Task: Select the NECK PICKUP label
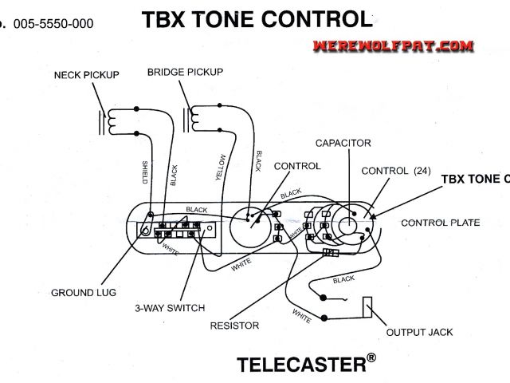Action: point(86,75)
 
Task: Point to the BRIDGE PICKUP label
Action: point(182,73)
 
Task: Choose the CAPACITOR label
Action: point(343,144)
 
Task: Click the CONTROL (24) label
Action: point(395,171)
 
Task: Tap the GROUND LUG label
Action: point(84,293)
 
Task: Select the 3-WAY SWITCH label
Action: point(169,308)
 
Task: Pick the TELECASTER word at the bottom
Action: point(300,365)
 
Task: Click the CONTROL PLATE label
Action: point(440,223)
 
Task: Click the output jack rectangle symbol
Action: point(368,307)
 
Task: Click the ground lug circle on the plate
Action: point(147,231)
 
